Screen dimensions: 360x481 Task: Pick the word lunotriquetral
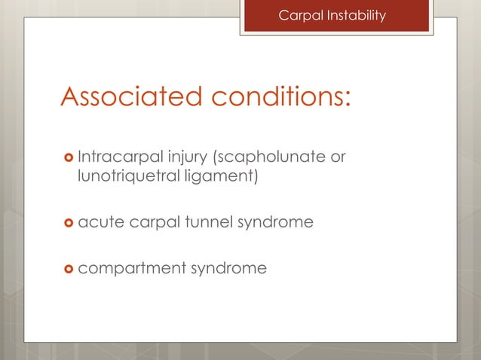coord(124,177)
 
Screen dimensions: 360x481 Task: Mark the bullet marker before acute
coord(69,222)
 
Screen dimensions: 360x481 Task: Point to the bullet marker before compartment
coord(69,267)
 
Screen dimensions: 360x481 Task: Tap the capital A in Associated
coord(72,96)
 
